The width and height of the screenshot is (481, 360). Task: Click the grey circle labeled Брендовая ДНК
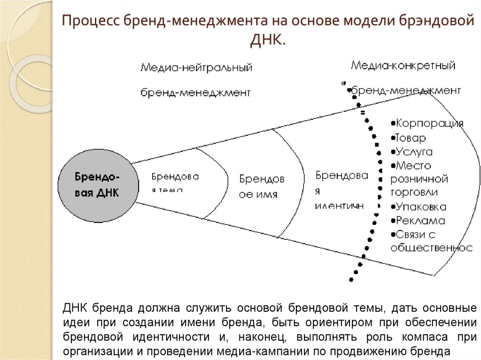point(98,185)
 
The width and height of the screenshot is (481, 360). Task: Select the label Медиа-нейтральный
point(196,68)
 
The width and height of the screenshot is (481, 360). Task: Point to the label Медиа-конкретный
point(403,66)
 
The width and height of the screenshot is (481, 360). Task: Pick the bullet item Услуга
point(413,152)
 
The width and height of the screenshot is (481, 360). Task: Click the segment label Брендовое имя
point(262,186)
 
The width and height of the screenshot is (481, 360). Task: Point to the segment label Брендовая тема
point(175,182)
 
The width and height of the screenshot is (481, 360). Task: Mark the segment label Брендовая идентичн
point(341,190)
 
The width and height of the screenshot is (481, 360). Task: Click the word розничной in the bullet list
point(419,179)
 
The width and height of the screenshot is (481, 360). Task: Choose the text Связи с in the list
point(416,234)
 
